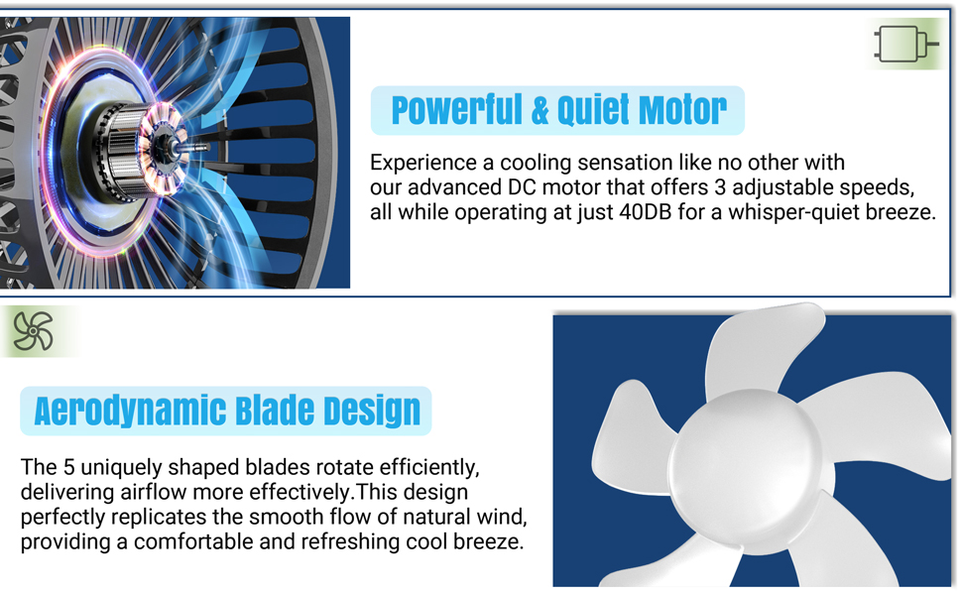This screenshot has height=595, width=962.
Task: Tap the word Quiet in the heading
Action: click(x=595, y=110)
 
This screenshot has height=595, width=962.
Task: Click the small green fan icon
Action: click(x=33, y=331)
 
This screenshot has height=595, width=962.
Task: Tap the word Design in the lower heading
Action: click(x=373, y=411)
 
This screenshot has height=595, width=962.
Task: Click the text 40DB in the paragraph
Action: click(x=626, y=212)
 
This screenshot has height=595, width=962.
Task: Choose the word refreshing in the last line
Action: click(x=347, y=542)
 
